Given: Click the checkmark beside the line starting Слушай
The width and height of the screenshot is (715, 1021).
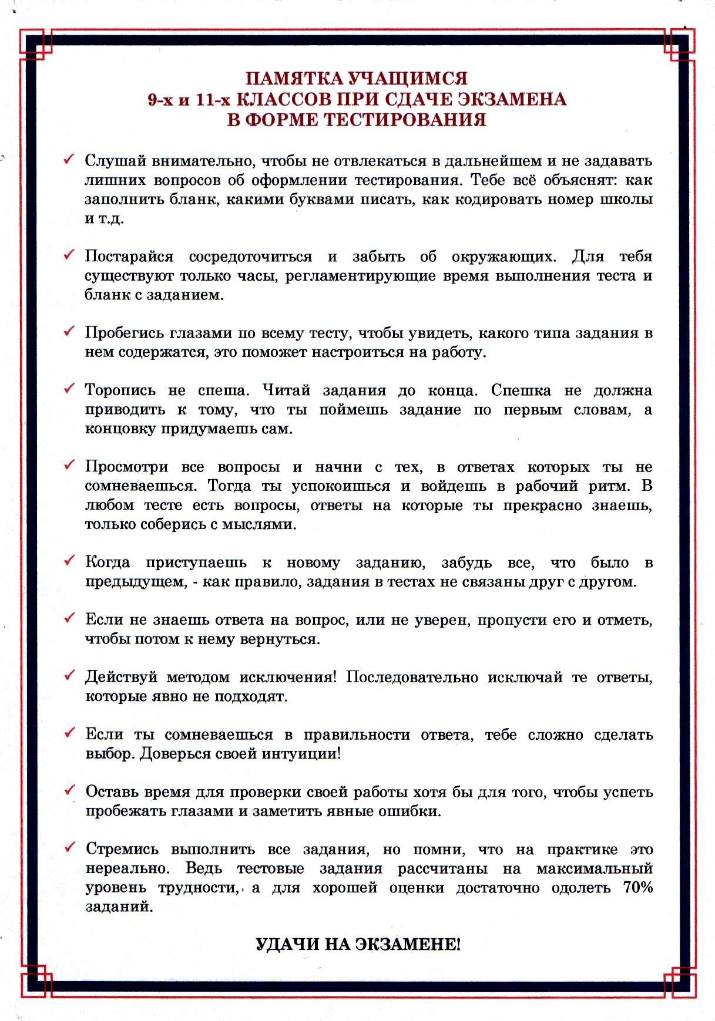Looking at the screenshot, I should pos(69,159).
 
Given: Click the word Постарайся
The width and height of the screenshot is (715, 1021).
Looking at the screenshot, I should pos(129,257).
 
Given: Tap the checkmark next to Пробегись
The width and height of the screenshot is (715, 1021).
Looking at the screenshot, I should pos(69,331).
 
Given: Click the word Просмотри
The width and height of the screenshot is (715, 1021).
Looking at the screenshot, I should pos(126,467).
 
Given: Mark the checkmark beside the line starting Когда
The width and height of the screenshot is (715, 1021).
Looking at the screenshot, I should pos(69,561).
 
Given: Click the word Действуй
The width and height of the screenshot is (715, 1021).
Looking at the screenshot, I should pos(122,677).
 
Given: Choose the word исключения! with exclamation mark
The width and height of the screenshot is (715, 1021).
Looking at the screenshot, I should pos(288,677).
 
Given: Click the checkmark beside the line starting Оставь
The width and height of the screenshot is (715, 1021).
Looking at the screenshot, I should pos(69,790).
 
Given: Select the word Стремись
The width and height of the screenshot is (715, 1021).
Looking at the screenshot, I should pos(122,850).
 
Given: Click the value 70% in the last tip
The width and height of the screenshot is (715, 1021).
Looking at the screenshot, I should pos(637,887).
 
